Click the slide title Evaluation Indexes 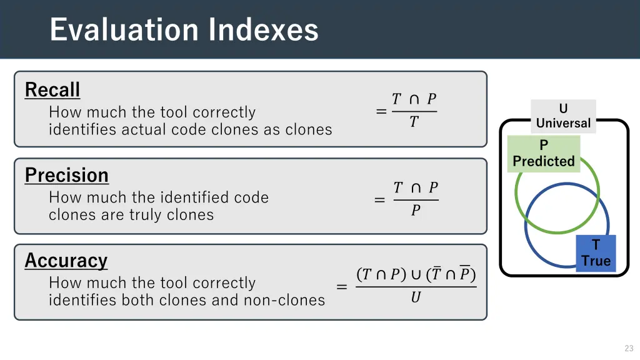pyautogui.click(x=184, y=29)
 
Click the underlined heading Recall pyautogui.click(x=52, y=90)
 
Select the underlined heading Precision pyautogui.click(x=67, y=176)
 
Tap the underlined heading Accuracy pyautogui.click(x=66, y=261)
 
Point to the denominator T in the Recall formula pyautogui.click(x=413, y=122)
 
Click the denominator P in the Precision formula pyautogui.click(x=416, y=211)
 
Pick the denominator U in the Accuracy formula pyautogui.click(x=416, y=298)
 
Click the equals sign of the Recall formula pyautogui.click(x=381, y=112)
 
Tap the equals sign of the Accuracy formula pyautogui.click(x=342, y=287)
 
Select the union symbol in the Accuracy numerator pyautogui.click(x=416, y=274)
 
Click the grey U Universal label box pyautogui.click(x=563, y=116)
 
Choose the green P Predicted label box pyautogui.click(x=544, y=154)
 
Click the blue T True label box pyautogui.click(x=596, y=253)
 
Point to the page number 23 pyautogui.click(x=629, y=348)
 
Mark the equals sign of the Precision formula pyautogui.click(x=379, y=200)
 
